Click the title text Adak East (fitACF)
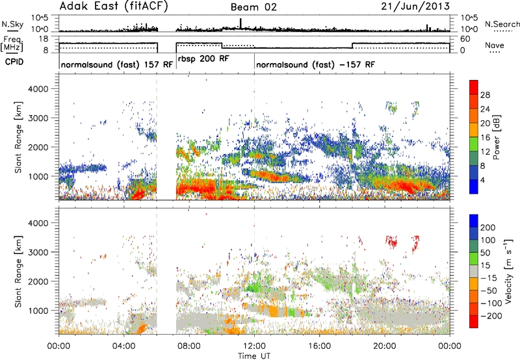(113, 6)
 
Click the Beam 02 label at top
(253, 7)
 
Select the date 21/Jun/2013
(415, 6)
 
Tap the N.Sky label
(12, 24)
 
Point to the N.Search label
(502, 24)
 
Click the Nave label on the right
(495, 45)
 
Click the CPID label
(14, 62)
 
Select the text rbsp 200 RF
(203, 59)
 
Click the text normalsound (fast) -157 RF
(315, 64)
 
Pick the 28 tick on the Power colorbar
(485, 95)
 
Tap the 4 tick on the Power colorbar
(482, 180)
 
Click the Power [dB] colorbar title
(496, 137)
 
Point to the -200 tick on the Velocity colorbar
(491, 316)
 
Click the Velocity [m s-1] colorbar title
(508, 271)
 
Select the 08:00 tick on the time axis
(189, 346)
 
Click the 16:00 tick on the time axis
(319, 346)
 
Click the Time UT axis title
(254, 356)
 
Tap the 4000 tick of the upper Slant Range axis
(38, 89)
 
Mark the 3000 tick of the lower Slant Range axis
(38, 252)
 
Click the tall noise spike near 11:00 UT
(240, 23)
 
